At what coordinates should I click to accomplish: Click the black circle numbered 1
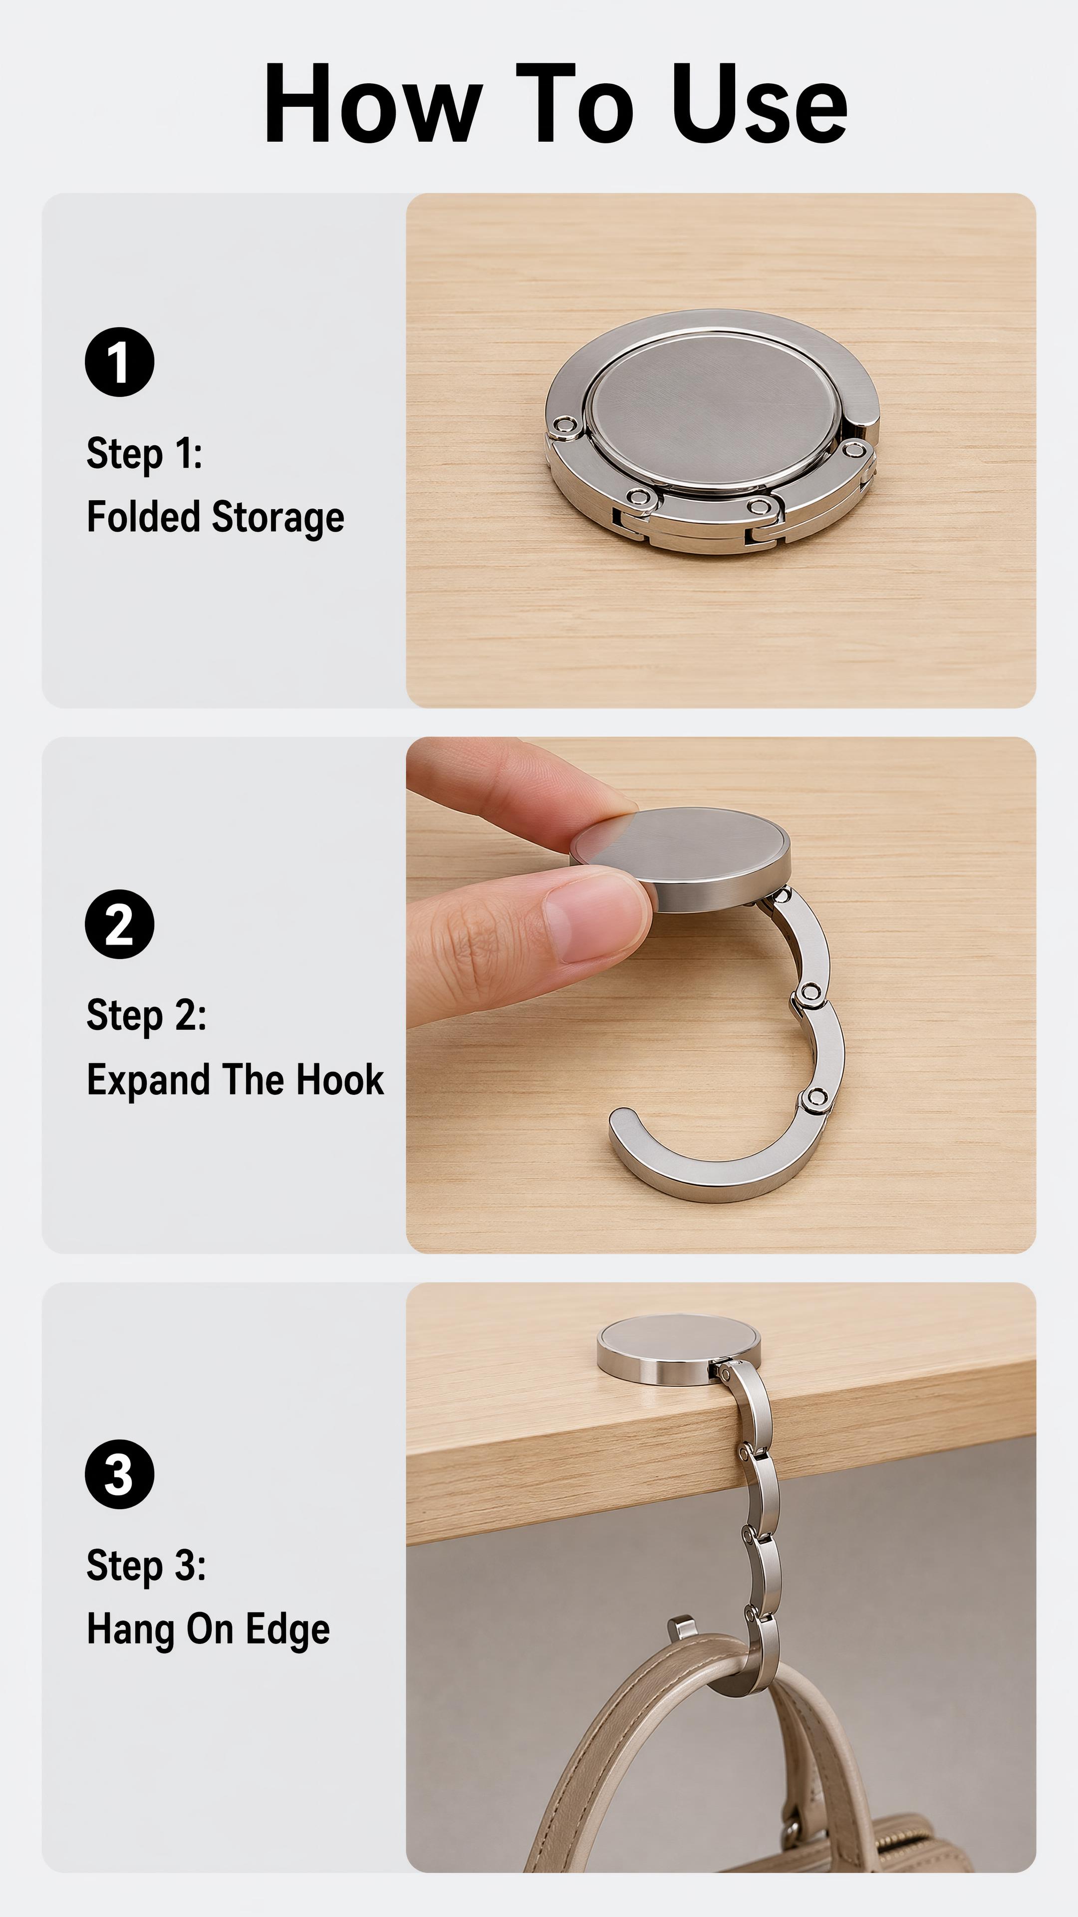tap(119, 361)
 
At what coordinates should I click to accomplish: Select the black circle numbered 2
tap(119, 924)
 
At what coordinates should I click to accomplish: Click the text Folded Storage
tap(216, 517)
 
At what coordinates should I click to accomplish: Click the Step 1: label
tap(144, 453)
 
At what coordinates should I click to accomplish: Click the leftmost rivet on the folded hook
tap(567, 426)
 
